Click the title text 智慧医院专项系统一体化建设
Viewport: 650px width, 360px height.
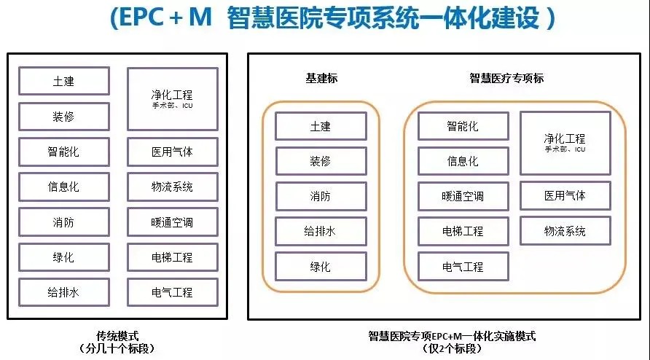coord(386,19)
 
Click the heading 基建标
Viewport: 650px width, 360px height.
coord(321,78)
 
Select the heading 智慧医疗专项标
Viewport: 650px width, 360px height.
coord(506,78)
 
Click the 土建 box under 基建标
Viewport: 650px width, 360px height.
coord(320,126)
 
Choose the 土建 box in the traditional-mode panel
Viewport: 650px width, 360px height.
coord(64,81)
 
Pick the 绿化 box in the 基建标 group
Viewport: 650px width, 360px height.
coord(320,267)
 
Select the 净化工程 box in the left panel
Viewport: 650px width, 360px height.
coord(172,98)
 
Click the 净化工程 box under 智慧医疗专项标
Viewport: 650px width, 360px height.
coord(564,141)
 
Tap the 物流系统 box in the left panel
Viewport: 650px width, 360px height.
coord(172,187)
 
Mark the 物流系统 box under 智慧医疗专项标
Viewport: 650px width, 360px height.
coord(564,231)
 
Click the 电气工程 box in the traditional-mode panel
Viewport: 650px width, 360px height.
coord(172,292)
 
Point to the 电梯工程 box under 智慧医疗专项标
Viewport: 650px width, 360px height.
coord(463,231)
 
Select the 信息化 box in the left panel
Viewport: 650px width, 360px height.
coord(64,187)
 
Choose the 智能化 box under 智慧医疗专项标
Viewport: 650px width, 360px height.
coord(463,126)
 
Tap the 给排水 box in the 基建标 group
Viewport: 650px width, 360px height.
coord(320,231)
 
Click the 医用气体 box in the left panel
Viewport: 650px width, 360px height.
coord(172,152)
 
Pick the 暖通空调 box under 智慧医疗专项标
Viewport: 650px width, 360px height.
coord(463,196)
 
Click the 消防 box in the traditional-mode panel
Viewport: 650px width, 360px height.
coord(64,222)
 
